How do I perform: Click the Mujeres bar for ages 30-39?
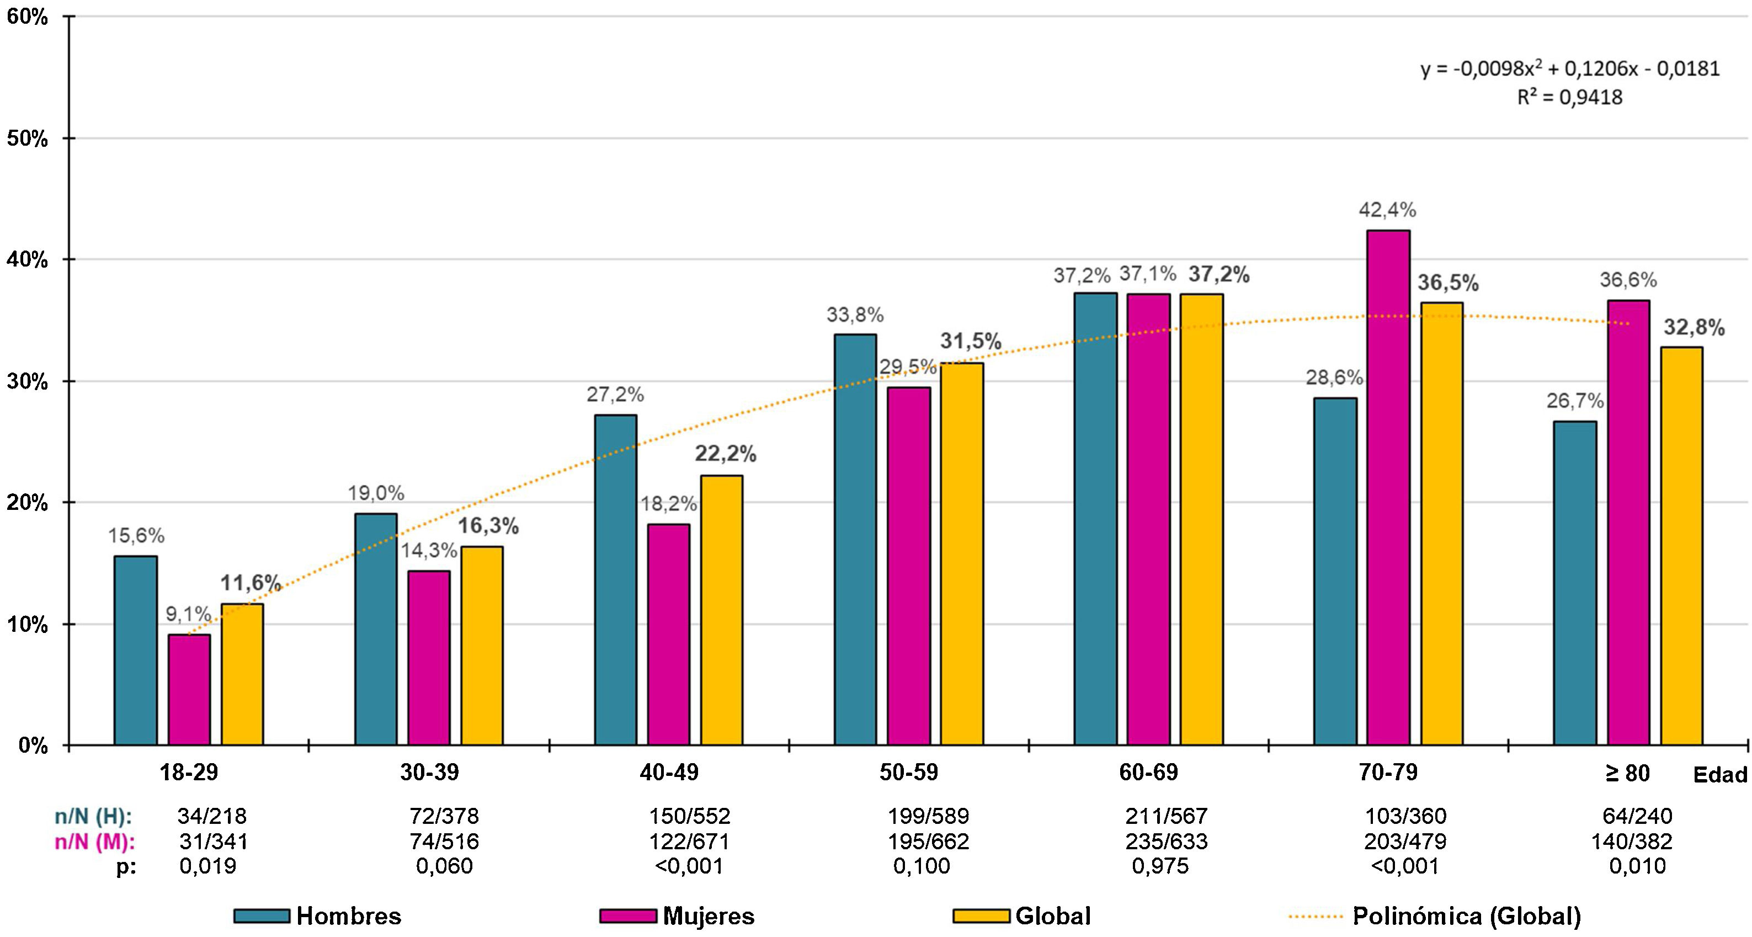[x=428, y=658]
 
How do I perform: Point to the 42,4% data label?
[x=1387, y=211]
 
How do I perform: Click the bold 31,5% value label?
[x=971, y=342]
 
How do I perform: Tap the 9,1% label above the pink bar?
[x=188, y=614]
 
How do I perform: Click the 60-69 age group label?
[x=1149, y=773]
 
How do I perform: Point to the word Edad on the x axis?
[x=1720, y=774]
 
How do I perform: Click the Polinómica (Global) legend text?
[x=1466, y=916]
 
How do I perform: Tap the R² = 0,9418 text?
[x=1570, y=98]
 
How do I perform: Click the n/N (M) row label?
[x=94, y=842]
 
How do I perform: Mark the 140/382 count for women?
[x=1631, y=842]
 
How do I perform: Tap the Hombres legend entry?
[x=348, y=916]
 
